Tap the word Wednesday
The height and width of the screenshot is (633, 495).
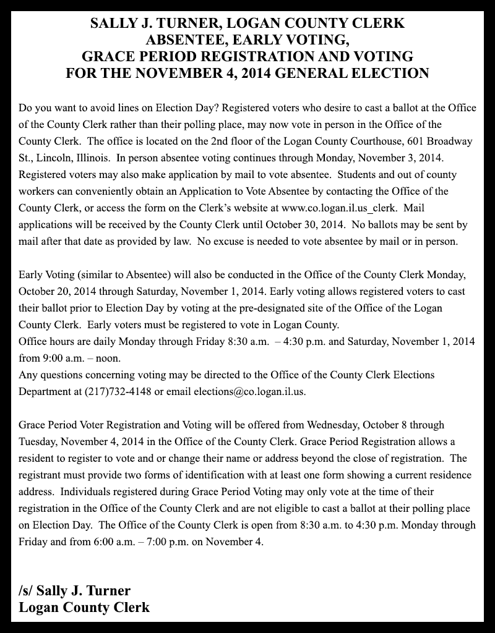pos(334,425)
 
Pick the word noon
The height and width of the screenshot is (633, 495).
pos(106,358)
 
